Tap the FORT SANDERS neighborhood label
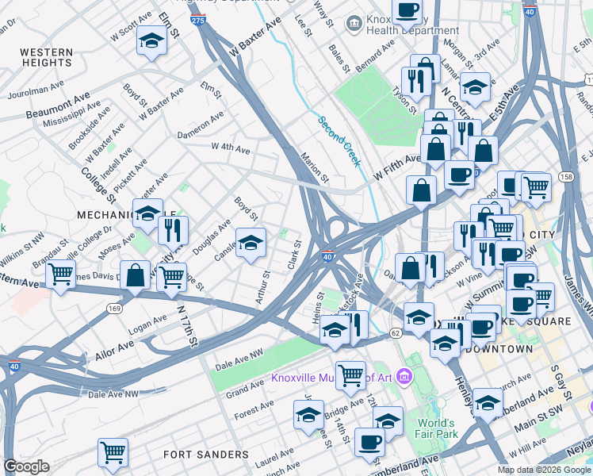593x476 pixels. point(206,455)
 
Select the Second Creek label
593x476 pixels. point(340,141)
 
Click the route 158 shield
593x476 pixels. point(566,176)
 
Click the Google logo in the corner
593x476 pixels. point(26,466)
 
